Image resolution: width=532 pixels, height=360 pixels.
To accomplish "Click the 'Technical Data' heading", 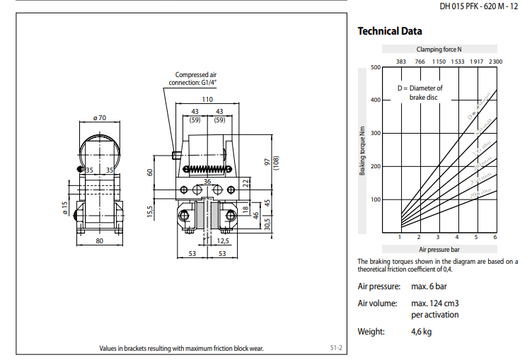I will pyautogui.click(x=390, y=31).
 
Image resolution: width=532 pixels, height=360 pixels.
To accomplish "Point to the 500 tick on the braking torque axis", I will pyautogui.click(x=376, y=67).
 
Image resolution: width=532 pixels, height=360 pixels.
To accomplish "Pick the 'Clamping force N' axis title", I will pyautogui.click(x=439, y=49).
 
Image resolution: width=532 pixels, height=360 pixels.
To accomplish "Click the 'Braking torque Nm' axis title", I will pyautogui.click(x=362, y=150).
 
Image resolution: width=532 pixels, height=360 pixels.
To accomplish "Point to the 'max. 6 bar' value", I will pyautogui.click(x=429, y=286).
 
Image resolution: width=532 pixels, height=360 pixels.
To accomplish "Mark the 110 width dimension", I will pyautogui.click(x=207, y=100).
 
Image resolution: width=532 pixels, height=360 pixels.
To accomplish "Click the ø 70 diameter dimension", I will pyautogui.click(x=99, y=118).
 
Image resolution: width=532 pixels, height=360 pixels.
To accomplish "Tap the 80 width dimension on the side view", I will pyautogui.click(x=99, y=242).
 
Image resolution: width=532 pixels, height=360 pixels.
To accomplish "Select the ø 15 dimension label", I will pyautogui.click(x=64, y=209).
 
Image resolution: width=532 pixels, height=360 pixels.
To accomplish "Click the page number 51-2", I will pyautogui.click(x=336, y=347).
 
